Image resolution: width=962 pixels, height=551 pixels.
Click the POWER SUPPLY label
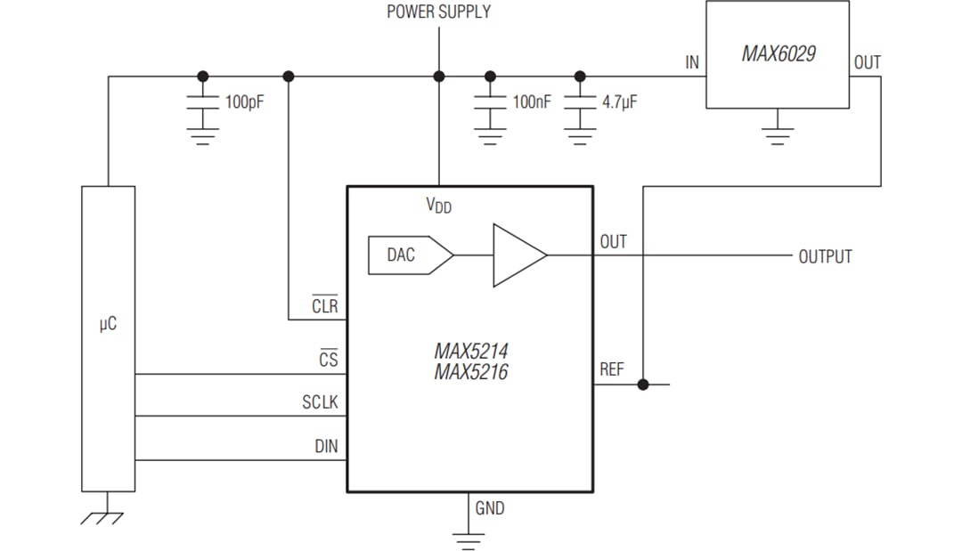438,12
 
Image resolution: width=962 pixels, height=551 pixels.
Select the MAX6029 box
777,54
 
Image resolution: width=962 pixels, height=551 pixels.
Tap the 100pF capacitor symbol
203,102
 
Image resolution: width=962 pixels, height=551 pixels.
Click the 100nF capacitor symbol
489,102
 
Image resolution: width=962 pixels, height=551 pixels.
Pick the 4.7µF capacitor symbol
580,102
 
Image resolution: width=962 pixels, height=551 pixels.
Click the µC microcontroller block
108,338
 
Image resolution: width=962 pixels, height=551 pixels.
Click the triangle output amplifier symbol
518,255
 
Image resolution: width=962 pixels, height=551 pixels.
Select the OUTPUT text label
825,256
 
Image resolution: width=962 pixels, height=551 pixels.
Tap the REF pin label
612,369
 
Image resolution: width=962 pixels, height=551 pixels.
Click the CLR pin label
324,306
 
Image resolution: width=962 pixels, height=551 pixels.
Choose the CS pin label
328,360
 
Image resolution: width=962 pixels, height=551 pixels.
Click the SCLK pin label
320,403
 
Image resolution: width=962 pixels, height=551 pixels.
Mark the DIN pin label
326,446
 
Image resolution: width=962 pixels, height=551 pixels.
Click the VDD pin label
438,206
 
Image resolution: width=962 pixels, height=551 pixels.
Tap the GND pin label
489,508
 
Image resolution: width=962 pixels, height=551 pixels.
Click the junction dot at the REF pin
643,385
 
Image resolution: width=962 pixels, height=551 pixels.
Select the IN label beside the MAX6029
692,62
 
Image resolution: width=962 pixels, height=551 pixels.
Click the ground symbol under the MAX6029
778,134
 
